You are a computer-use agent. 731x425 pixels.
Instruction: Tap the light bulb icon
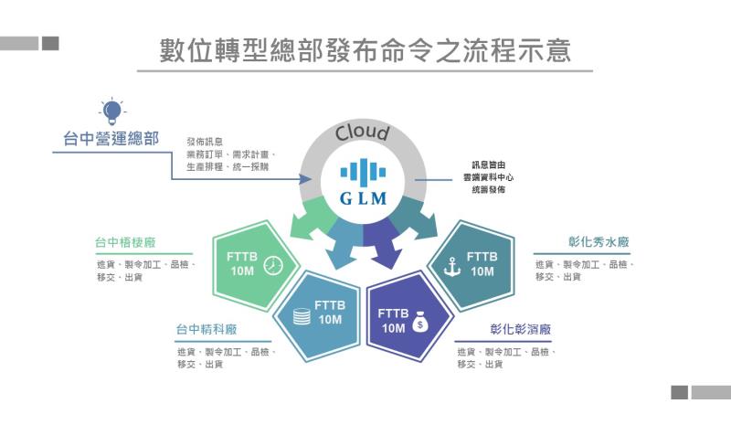[111, 112]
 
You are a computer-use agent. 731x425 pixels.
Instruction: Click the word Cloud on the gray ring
[362, 133]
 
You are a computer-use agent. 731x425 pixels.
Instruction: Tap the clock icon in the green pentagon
[271, 266]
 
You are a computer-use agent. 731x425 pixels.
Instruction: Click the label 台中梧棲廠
[125, 243]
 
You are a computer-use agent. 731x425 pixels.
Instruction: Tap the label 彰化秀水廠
[599, 242]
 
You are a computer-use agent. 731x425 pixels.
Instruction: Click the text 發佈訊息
[204, 142]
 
